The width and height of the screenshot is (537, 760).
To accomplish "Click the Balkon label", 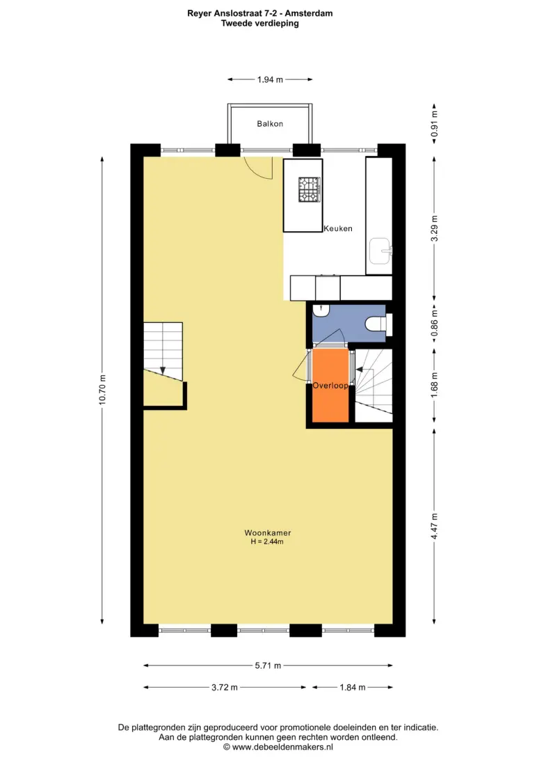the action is (x=270, y=124).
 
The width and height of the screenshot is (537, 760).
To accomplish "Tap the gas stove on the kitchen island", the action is (x=310, y=189).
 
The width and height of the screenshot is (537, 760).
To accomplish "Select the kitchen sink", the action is (x=380, y=251).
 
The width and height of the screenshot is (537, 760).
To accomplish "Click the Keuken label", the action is (x=338, y=228).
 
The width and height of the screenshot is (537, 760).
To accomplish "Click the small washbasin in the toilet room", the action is (x=321, y=310).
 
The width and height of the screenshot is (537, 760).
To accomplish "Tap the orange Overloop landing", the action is (x=330, y=385).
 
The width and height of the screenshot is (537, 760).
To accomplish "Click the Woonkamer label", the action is (x=267, y=532).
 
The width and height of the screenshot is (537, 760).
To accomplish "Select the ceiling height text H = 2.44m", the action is (x=267, y=541).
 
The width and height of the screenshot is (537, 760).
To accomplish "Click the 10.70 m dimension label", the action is (x=102, y=390).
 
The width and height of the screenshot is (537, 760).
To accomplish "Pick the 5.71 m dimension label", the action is (x=268, y=665).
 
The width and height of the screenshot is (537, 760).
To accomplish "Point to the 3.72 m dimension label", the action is (x=224, y=688).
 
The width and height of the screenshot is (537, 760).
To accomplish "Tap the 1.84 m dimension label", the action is (x=353, y=688).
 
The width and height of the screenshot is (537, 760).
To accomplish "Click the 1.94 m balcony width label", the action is (x=270, y=79).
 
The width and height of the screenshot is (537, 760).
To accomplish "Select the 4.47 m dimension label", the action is (x=434, y=526).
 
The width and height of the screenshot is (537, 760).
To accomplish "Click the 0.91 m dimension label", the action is (x=434, y=124).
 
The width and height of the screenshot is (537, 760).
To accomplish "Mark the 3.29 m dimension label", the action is (x=434, y=229).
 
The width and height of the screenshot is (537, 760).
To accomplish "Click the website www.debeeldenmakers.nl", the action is (x=282, y=747).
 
